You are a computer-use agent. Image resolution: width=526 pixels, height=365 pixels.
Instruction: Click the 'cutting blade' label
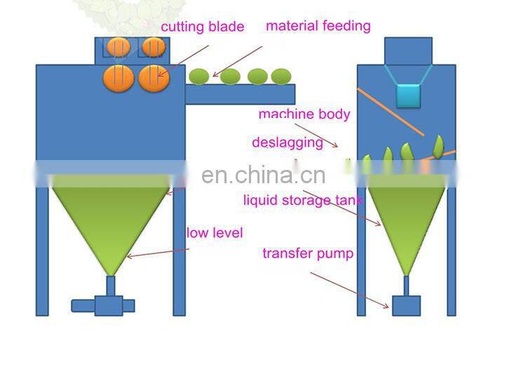point(203,27)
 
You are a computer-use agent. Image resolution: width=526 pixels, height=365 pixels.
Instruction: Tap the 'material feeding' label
point(318,26)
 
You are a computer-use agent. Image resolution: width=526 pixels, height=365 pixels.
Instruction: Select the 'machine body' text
point(304,114)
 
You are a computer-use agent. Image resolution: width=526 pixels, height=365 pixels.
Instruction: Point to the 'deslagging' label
point(288,142)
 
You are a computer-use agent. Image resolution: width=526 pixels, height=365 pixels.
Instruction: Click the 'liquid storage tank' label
point(303,201)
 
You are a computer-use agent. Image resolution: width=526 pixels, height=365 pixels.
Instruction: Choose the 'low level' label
point(214,232)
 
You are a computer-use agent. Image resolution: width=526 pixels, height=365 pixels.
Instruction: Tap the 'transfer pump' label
point(308,253)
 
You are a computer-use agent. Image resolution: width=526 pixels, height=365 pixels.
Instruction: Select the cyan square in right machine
point(408,95)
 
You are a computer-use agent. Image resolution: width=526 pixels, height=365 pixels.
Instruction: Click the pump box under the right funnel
point(406,305)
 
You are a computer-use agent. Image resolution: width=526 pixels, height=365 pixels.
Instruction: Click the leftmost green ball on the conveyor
point(200,76)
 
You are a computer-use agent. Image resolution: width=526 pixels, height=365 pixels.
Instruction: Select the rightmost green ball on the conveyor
point(281,76)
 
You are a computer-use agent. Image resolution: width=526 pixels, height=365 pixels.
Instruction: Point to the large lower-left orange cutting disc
point(119,77)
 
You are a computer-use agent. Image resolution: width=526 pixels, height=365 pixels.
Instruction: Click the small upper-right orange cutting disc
point(153,47)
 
